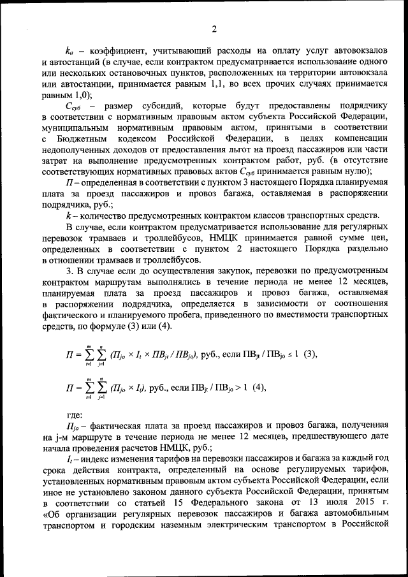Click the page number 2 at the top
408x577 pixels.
[x=215, y=29]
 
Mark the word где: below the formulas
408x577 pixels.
[x=75, y=413]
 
